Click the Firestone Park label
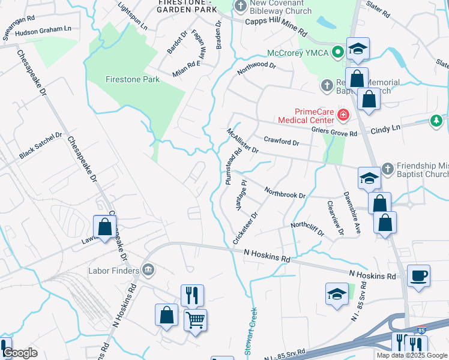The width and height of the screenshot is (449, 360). click(133, 79)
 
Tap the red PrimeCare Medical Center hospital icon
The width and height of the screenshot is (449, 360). click(343, 113)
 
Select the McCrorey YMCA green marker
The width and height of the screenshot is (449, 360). click(338, 52)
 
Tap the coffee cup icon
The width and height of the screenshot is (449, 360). click(418, 276)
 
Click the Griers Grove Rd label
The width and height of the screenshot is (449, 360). click(334, 132)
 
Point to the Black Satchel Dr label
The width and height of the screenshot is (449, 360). click(40, 146)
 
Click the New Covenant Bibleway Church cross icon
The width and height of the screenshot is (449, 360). click(240, 7)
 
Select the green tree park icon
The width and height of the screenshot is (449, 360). click(436, 121)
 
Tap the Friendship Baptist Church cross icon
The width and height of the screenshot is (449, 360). click(387, 168)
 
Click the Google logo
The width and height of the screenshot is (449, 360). click(20, 353)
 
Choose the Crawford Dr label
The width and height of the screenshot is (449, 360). click(281, 142)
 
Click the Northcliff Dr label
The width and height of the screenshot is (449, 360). click(307, 229)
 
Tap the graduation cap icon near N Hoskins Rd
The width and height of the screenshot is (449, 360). click(336, 294)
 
